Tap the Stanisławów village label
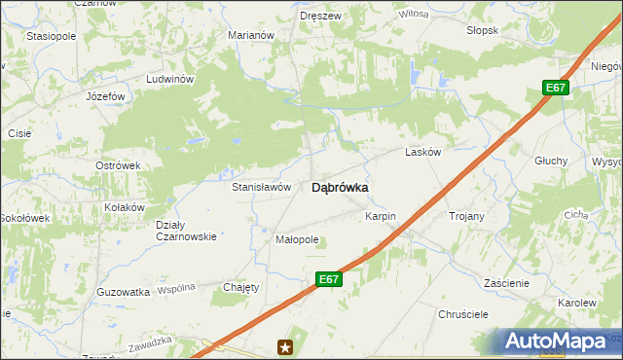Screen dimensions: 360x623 pos(261,186)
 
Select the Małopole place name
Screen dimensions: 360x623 pos(297,239)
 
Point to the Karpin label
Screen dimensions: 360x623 pos(382,215)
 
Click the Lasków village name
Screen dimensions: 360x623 pos(423,153)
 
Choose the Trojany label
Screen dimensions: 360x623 pos(465,215)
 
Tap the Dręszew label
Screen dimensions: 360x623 pos(320,17)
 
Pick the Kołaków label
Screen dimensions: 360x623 pos(125,207)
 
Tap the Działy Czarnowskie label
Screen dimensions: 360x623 pos(186,231)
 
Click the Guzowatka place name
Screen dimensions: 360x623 pos(123,292)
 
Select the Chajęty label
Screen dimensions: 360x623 pos(241,287)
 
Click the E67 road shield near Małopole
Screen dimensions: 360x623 pos(329,279)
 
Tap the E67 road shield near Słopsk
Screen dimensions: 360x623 pos(555,89)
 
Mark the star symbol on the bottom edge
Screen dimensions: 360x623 pos(285,346)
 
